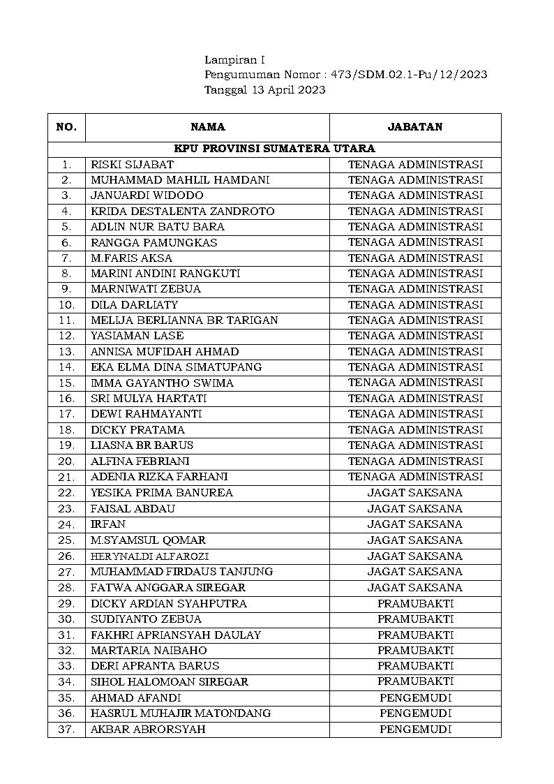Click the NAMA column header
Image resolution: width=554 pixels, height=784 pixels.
pos(207,127)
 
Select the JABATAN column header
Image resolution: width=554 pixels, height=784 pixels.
pos(415,127)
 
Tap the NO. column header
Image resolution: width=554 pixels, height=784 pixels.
pos(66,127)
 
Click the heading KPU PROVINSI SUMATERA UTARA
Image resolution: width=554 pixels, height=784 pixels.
pos(274,149)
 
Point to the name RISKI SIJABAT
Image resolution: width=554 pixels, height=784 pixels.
pos(132,165)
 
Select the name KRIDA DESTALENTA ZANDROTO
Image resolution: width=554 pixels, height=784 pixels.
pos(182,211)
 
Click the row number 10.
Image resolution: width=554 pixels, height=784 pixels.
pos(66,305)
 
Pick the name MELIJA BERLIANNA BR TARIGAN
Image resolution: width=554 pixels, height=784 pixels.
pos(184,320)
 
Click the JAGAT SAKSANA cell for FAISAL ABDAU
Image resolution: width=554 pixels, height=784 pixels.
pos(415,509)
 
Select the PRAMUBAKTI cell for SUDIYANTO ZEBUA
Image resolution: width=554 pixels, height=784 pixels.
pos(415,619)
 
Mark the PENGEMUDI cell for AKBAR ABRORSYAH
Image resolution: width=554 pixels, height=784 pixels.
pos(415,730)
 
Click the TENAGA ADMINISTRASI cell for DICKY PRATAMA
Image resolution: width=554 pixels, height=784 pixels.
pos(415,430)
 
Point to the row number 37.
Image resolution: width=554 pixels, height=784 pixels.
pos(66,730)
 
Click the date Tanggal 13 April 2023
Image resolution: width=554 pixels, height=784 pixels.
pos(264,90)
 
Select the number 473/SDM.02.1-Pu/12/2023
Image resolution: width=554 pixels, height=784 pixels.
pos(409,75)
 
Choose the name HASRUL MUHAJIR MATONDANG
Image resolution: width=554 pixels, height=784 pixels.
pos(181,713)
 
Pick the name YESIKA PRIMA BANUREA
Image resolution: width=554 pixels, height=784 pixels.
pos(162,493)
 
